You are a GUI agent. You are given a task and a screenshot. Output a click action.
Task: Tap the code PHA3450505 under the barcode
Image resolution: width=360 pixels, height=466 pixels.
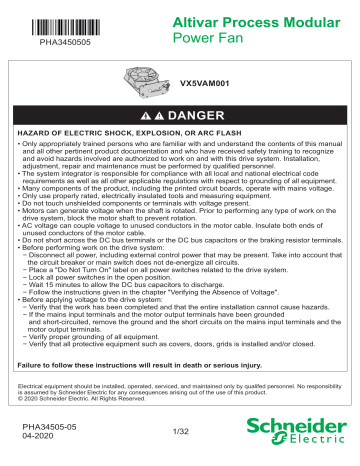point(63,43)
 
